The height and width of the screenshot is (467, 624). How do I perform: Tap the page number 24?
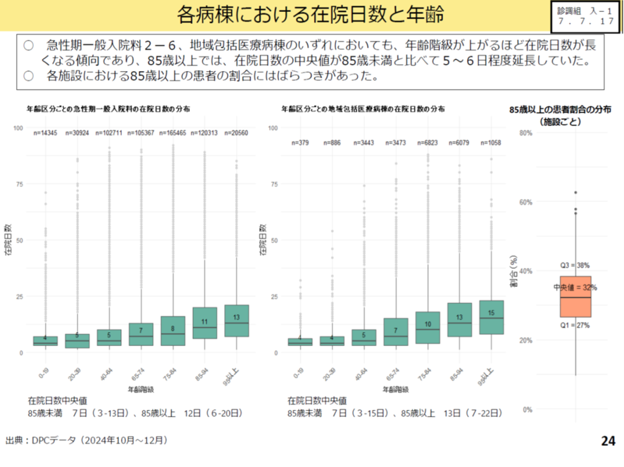(608, 441)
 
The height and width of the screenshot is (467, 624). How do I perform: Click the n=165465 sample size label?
(173, 132)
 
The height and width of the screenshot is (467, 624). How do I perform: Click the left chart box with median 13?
(236, 321)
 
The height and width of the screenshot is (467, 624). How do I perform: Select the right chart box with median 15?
(491, 316)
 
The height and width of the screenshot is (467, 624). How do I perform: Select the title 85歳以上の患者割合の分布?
(560, 110)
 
